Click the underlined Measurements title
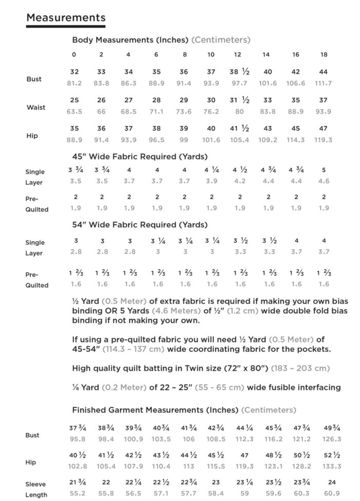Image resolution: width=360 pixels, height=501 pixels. pos(66,18)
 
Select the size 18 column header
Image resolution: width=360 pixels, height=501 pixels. pos(323,55)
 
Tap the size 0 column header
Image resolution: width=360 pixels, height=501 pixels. pos(74,55)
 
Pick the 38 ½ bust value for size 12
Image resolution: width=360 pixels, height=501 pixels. pos(240,72)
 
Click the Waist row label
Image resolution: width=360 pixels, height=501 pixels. pos(36,108)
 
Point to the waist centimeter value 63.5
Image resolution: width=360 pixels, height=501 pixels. pos(75,112)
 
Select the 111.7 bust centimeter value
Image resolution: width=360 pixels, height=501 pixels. pos(323,83)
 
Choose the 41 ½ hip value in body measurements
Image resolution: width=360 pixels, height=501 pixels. pos(240,129)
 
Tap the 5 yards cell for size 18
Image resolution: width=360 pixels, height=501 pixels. pos(323,170)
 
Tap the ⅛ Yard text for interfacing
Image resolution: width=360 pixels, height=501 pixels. pos(85,387)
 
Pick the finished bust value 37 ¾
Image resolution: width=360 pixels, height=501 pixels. pos(77,428)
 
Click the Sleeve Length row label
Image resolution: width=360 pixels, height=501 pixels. pos(36,490)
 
